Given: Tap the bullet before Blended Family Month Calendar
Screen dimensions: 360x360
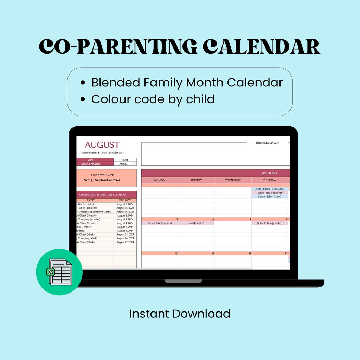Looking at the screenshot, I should point(83,83).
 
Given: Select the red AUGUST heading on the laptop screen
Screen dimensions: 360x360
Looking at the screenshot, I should point(102,145).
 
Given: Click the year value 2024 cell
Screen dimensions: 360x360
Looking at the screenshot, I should point(125,160).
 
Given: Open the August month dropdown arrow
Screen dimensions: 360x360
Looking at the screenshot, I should point(135,164).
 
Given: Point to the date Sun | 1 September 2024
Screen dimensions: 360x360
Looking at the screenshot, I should point(102,180).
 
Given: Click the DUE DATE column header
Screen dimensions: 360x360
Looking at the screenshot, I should point(125,200).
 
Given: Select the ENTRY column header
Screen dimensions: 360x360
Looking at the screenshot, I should point(91,200).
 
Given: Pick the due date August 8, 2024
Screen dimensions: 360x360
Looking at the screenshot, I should point(125,204).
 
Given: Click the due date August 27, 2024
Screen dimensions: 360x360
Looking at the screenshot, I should point(125,242).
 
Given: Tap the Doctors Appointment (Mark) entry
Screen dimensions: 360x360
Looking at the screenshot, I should point(95,212).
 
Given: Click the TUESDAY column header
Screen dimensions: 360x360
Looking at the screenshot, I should point(196,180).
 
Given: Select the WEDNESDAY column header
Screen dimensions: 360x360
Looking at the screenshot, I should point(233,180).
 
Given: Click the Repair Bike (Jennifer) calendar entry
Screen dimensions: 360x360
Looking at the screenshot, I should point(160,223).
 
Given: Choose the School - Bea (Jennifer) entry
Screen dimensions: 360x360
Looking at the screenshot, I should point(270,223).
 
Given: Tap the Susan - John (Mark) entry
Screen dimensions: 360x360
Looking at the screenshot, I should point(270,197).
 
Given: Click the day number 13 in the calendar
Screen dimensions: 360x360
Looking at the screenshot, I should point(212,253).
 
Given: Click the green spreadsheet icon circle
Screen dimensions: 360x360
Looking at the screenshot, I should point(59,272).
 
